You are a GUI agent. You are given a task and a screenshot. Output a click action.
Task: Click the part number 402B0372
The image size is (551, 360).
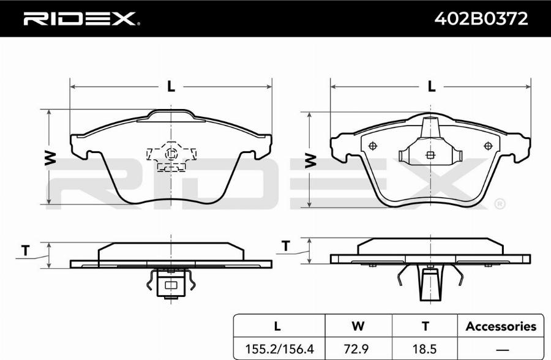(x=481, y=19)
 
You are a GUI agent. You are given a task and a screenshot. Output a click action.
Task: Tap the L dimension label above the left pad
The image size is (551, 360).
(x=171, y=86)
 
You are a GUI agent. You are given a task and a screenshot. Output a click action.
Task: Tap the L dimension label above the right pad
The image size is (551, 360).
(x=431, y=86)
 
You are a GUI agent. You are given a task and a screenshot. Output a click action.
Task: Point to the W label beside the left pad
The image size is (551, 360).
(x=50, y=158)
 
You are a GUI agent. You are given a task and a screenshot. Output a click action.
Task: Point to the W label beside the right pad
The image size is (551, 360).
(x=310, y=160)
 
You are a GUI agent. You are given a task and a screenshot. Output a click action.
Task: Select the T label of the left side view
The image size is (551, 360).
(x=25, y=250)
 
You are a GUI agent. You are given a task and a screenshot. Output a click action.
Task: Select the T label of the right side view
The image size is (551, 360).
(x=286, y=246)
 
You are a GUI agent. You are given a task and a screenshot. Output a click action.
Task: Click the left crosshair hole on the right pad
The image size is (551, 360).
(x=373, y=146)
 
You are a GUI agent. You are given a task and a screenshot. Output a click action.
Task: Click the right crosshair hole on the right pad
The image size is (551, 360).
(x=488, y=146)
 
